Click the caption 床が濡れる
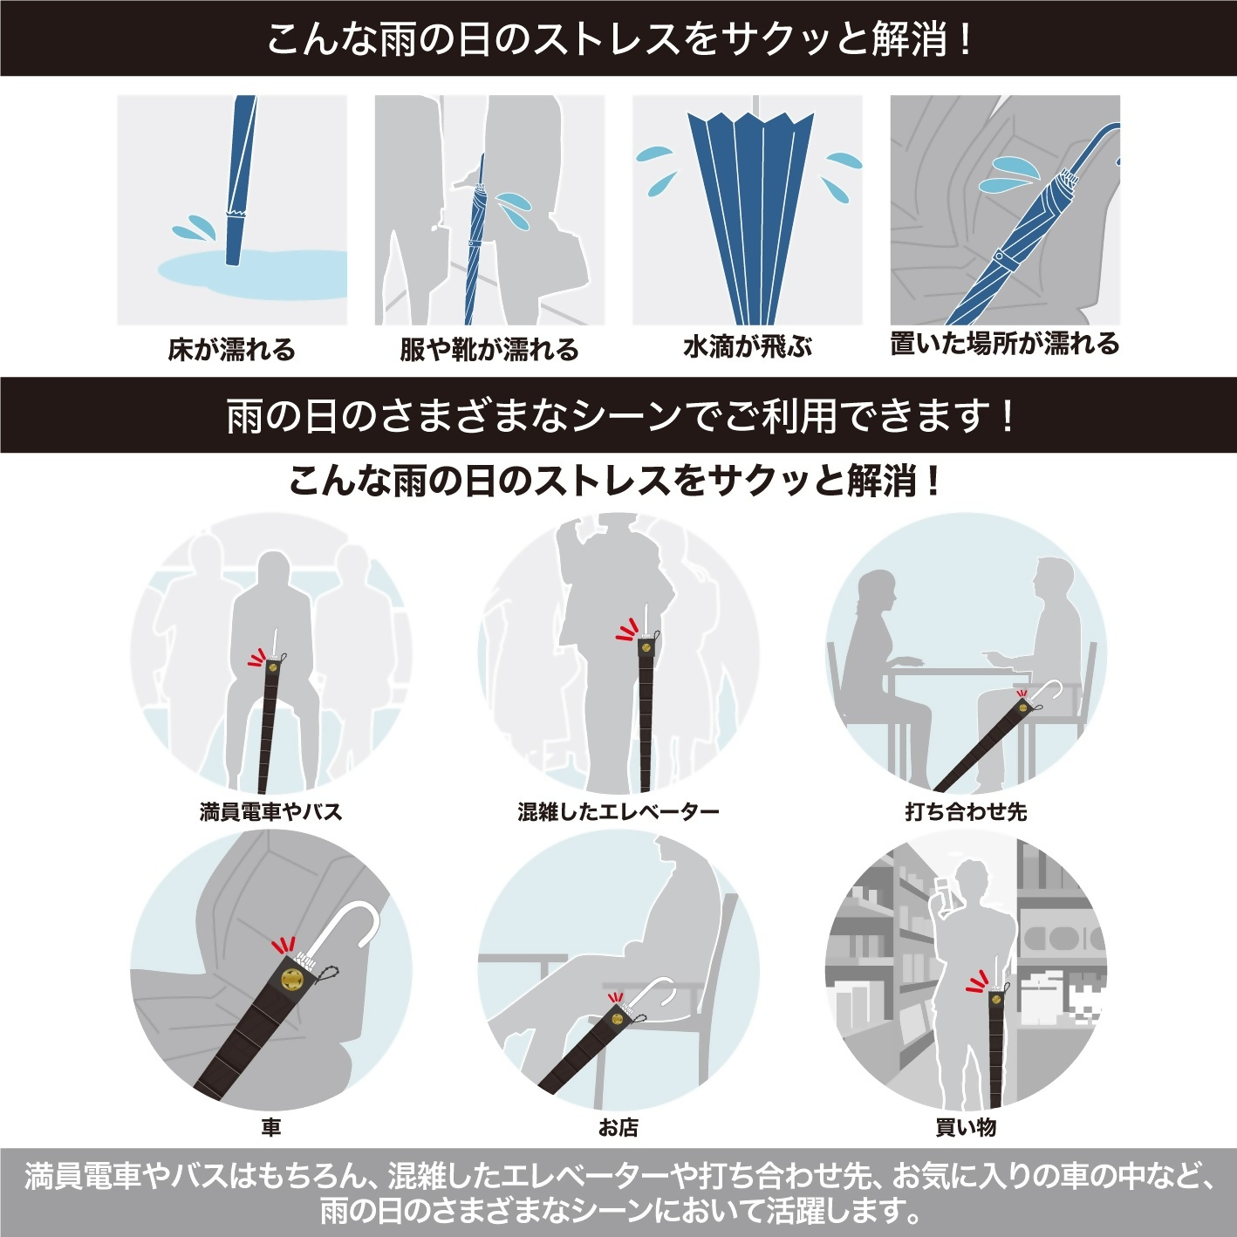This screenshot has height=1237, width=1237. (x=232, y=350)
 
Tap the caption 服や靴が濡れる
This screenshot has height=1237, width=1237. (x=489, y=350)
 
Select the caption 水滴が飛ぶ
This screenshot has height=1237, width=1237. (x=748, y=347)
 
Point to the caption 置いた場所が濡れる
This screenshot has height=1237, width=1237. (x=1004, y=344)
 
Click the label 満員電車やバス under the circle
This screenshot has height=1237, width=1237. (x=270, y=812)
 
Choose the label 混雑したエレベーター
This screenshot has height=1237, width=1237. (x=618, y=812)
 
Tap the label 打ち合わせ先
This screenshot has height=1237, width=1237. (x=966, y=812)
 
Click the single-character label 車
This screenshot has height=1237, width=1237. (x=270, y=1128)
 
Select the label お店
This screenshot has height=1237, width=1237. (x=618, y=1128)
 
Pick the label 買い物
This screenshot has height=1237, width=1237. (x=966, y=1128)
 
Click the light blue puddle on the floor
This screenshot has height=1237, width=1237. (x=253, y=275)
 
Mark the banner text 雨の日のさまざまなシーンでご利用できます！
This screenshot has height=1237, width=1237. (x=618, y=415)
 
